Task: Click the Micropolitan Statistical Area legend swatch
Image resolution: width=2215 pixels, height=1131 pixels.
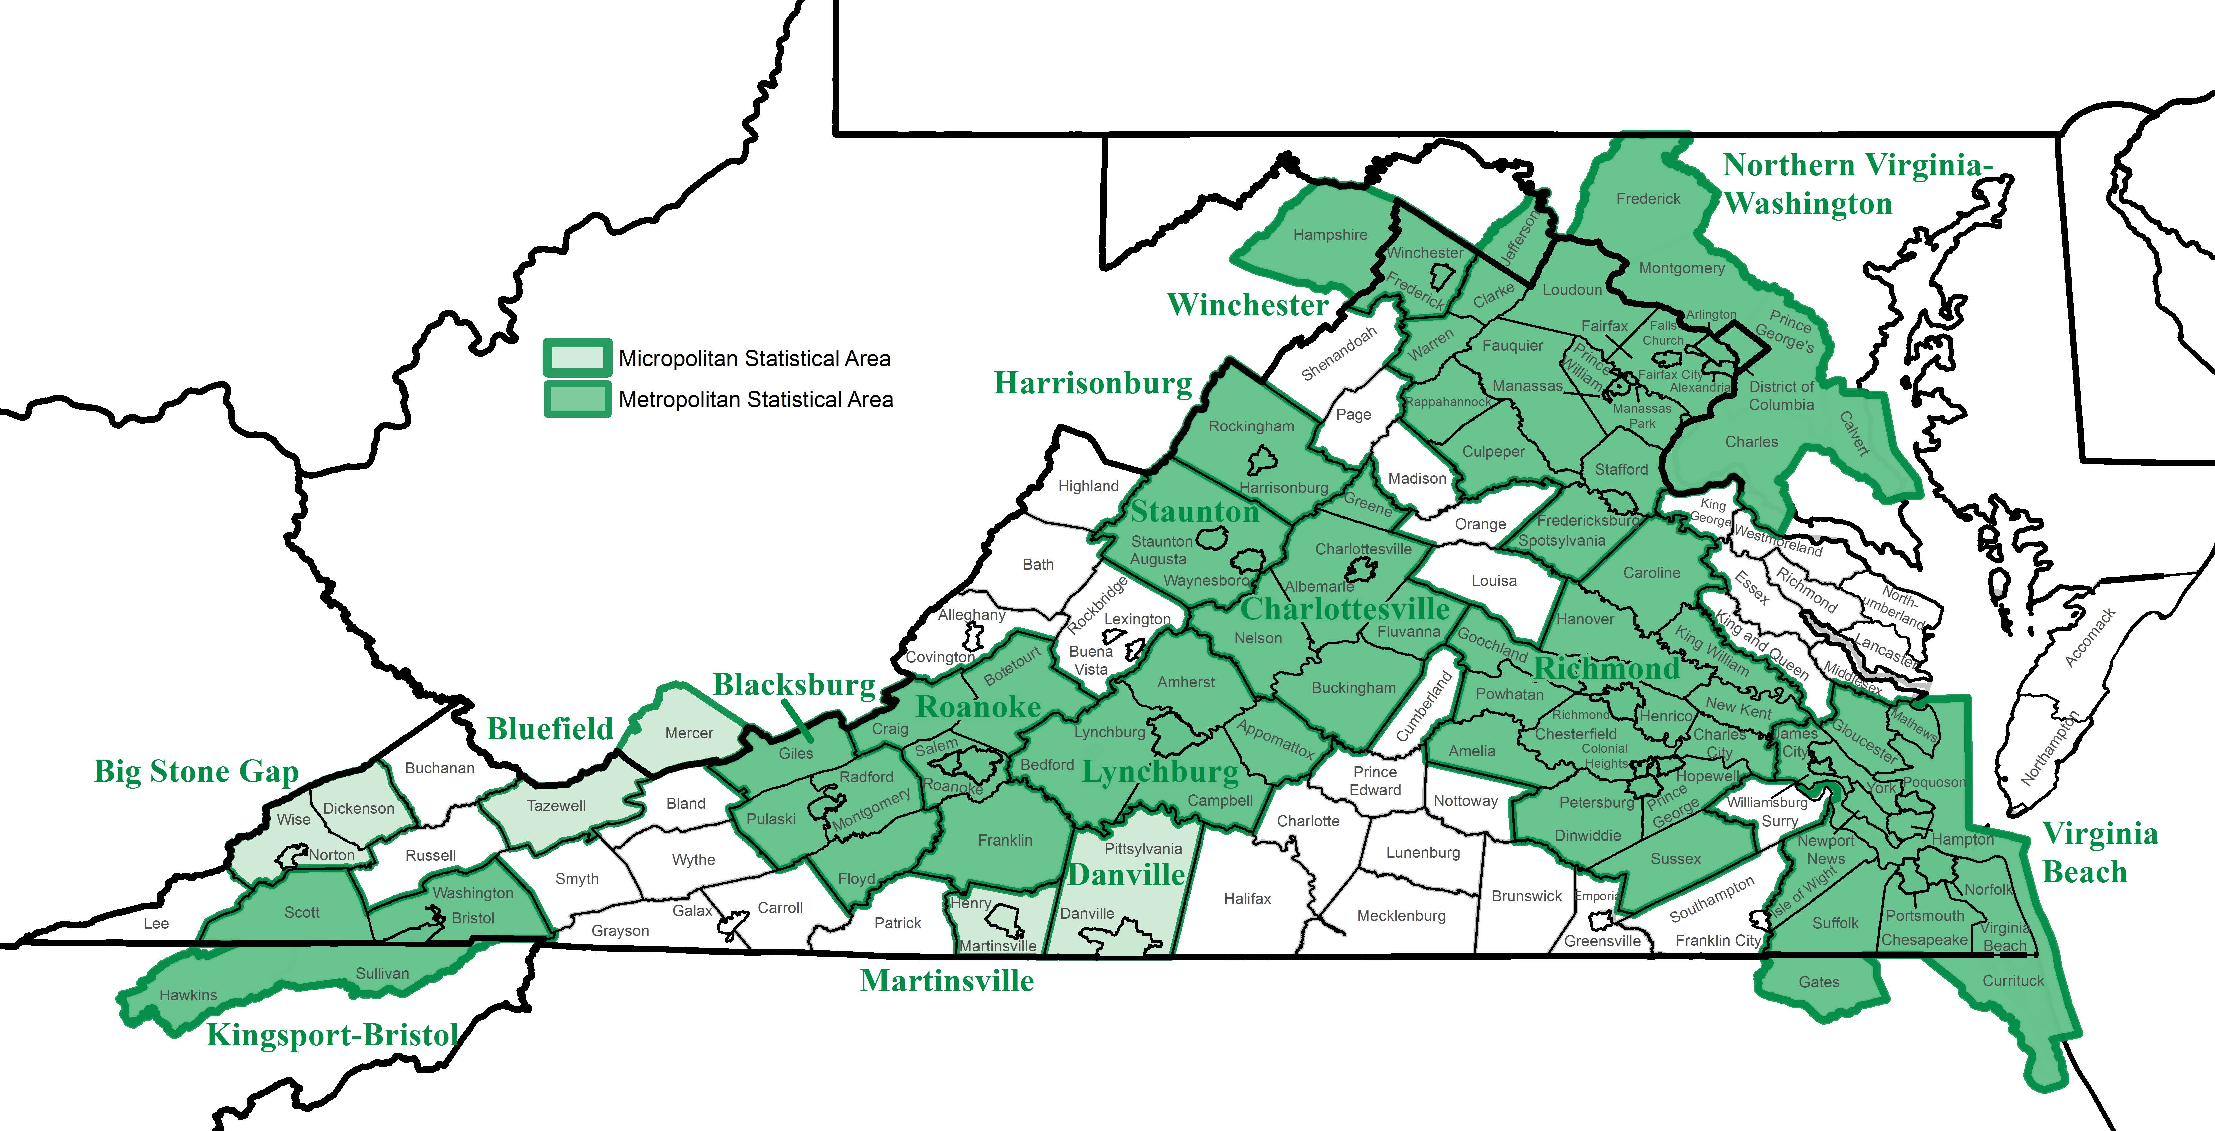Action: pos(577,358)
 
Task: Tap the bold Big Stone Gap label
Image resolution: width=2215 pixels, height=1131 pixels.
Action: pos(196,771)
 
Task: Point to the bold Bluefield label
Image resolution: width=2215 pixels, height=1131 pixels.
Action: pos(550,729)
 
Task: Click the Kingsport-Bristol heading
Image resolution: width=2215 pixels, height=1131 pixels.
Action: pos(333,1035)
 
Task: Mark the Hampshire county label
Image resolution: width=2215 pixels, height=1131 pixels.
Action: pos(1330,235)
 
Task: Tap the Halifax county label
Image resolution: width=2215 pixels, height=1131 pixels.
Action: pos(1247,898)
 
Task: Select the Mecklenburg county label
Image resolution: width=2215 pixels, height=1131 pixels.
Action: pos(1401,915)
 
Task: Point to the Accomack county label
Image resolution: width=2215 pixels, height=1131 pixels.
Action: pos(2090,637)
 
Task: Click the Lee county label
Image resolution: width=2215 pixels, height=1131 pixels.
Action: pos(156,923)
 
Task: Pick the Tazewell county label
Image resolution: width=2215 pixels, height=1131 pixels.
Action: pos(556,806)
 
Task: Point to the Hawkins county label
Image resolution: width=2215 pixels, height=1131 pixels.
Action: pos(188,995)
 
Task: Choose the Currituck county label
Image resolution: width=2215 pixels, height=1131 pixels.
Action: pos(2013,981)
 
